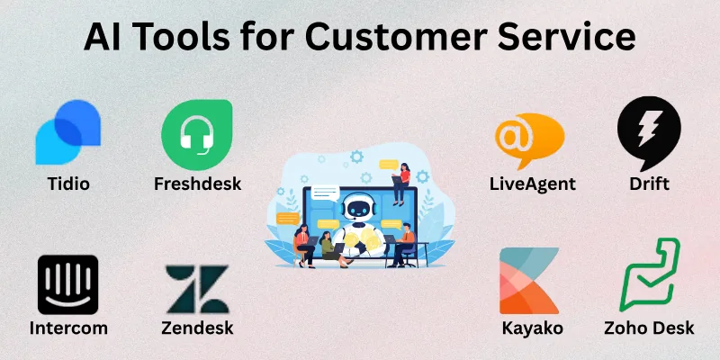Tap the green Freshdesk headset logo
(x=196, y=134)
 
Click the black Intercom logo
(x=68, y=284)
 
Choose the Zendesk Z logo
(x=196, y=288)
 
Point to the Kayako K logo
(x=529, y=281)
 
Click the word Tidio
(x=68, y=184)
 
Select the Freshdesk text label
(x=198, y=184)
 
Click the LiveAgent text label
(x=532, y=184)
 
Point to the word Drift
(x=649, y=184)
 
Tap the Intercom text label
(x=68, y=328)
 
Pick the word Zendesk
(x=197, y=328)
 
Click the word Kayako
(x=532, y=328)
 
